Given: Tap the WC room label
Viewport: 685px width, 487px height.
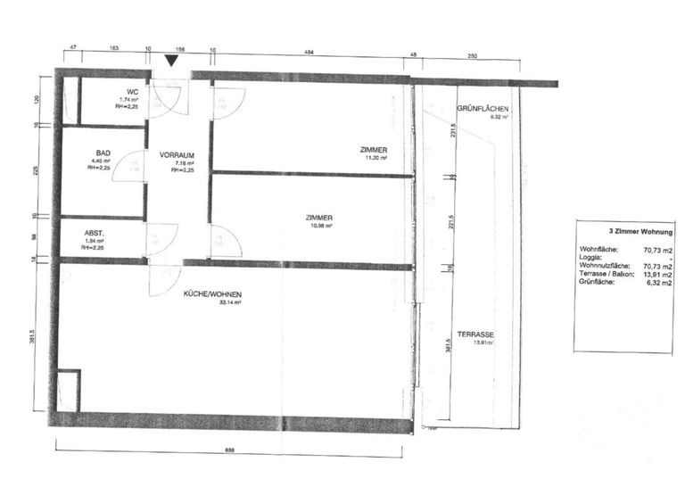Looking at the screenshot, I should coord(131,92).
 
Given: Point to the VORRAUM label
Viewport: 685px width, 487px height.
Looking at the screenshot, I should coord(177,154).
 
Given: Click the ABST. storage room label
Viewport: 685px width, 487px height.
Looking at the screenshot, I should coord(95,233).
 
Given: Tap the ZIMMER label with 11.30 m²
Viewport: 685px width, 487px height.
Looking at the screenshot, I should coord(374,149).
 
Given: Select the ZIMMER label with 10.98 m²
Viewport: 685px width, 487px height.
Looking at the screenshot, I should coord(318,218).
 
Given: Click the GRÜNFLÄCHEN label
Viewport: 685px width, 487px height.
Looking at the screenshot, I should coord(483,109).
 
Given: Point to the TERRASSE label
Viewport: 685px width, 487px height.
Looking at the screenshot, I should coord(475,334).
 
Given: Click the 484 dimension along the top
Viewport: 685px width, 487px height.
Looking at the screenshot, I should coord(309,53).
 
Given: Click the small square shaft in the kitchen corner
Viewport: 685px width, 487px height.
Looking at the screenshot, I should coord(68,390).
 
